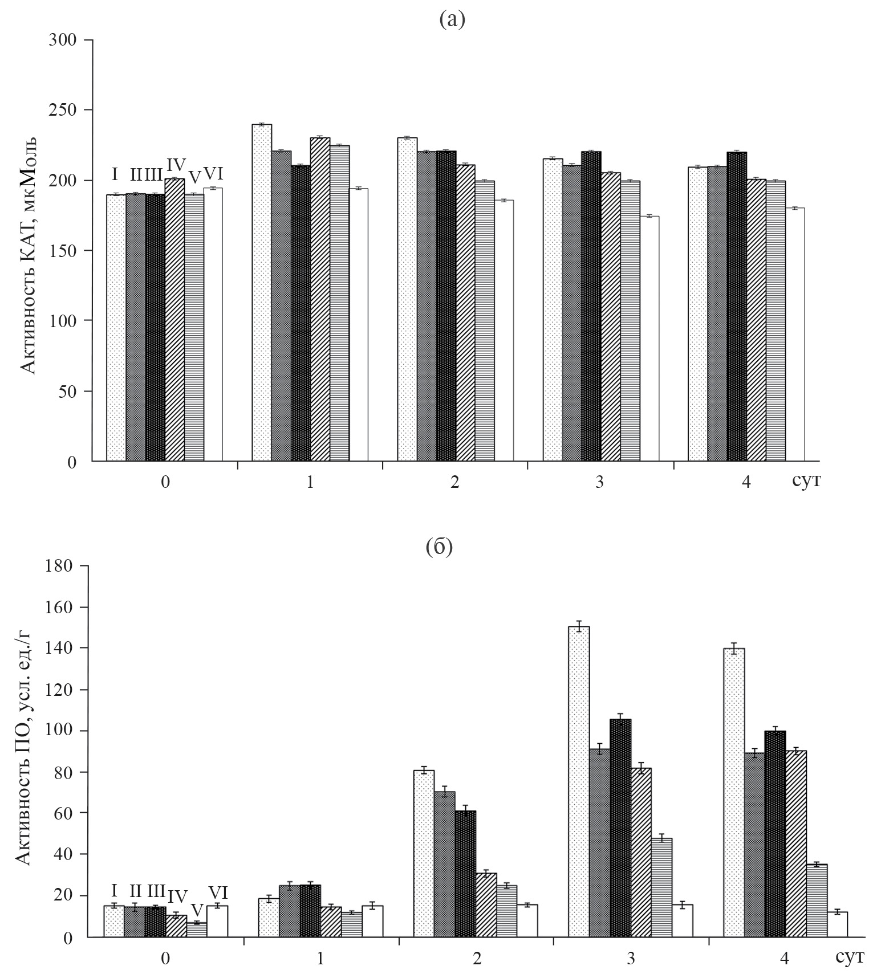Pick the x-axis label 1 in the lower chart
(320, 959)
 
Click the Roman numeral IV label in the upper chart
(175, 166)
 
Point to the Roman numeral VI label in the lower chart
(218, 893)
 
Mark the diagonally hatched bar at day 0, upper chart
(174, 319)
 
